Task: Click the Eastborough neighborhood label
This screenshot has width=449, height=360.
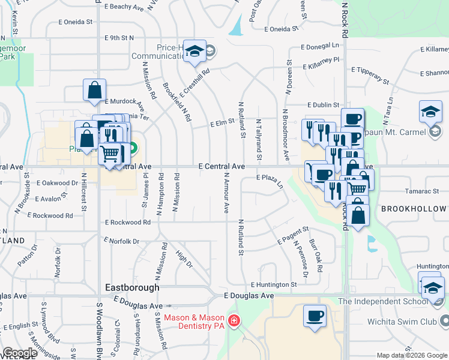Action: pos(133,287)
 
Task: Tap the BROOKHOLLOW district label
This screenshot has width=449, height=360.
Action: pos(414,209)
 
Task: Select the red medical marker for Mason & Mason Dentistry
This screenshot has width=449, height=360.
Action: pos(233,321)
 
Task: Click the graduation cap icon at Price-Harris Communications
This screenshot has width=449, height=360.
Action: pos(194,52)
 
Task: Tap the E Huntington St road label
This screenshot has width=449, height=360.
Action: pos(274,284)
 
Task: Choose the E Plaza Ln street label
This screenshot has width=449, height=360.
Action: pos(270,178)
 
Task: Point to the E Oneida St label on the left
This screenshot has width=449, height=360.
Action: pos(75,22)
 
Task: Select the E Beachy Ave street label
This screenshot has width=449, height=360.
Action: pos(124,7)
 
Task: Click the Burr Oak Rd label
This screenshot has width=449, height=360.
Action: pos(315,257)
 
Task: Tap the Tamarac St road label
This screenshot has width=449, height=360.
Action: pos(423,191)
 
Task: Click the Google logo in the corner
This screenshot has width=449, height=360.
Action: pos(19,353)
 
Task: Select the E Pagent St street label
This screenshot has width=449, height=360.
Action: pos(293,235)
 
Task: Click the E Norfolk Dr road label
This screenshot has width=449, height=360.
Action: pos(121,241)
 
